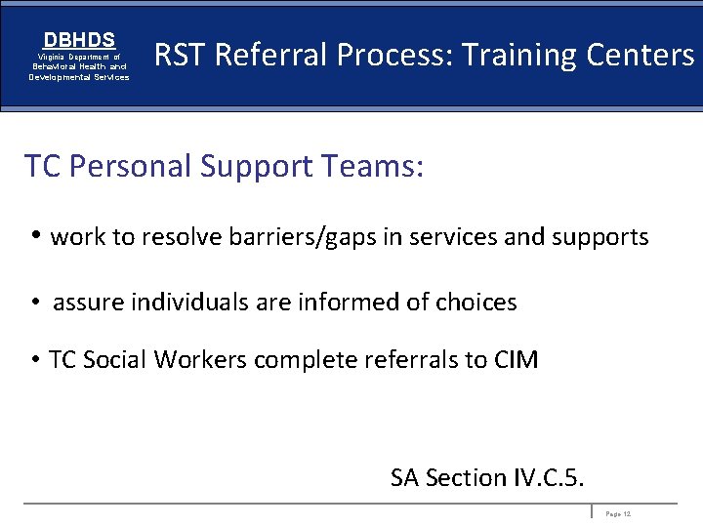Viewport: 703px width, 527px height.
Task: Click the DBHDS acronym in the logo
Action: point(79,40)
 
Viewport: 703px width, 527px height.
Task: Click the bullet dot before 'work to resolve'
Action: point(35,236)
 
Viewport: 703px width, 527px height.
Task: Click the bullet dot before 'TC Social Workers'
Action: point(34,360)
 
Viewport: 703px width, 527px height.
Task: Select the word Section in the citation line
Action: point(465,478)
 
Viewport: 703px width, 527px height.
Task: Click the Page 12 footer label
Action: point(618,513)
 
